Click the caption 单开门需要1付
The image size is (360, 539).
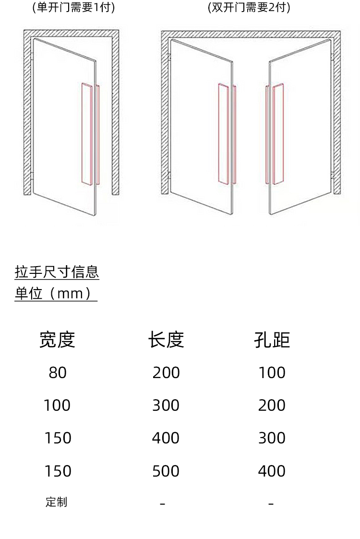73,7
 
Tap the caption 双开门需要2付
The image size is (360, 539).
249,7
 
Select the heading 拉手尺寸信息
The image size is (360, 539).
57,272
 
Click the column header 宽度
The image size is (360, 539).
57,340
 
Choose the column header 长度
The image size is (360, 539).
166,340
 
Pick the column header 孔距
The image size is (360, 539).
272,340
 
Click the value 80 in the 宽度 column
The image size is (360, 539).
57,372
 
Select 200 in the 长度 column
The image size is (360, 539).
166,372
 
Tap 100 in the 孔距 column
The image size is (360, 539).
272,372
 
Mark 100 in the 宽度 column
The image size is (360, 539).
57,405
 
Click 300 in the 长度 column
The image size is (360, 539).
166,405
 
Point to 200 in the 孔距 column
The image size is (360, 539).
272,405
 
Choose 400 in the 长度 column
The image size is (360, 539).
166,438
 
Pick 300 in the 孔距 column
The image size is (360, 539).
272,438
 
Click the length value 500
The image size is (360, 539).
166,471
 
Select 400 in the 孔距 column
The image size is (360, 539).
272,471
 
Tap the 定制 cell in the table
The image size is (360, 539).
56,502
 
